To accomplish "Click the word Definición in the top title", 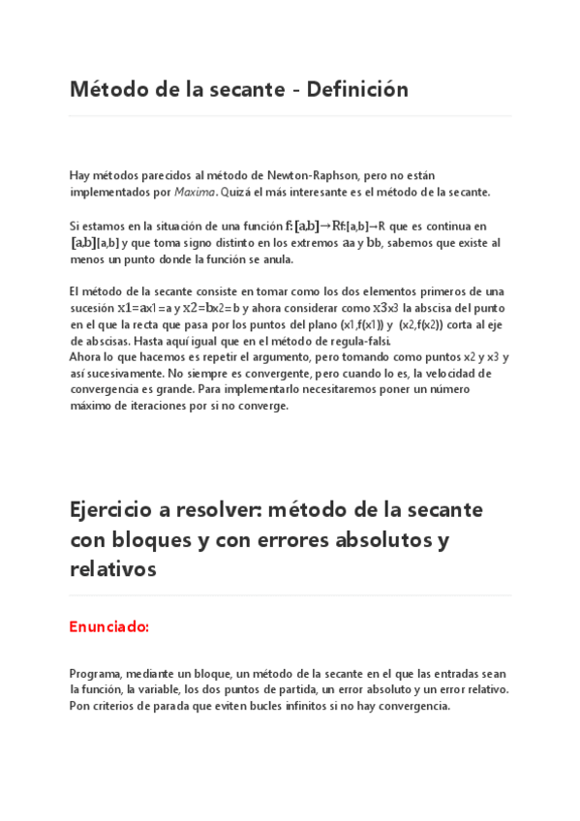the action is [x=357, y=90].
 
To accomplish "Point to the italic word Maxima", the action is [x=195, y=192].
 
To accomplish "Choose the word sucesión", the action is [x=92, y=308].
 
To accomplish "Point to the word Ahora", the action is [x=86, y=356].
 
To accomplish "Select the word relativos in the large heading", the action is [x=113, y=569].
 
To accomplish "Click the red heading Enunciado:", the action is [x=109, y=626].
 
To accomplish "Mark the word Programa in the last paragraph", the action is [x=96, y=673].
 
